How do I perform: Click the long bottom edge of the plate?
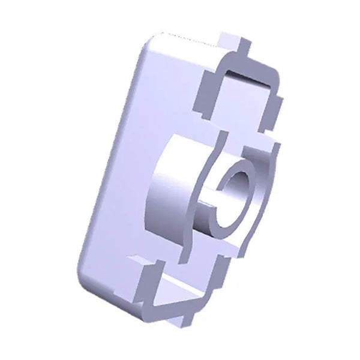[x=114, y=300]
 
